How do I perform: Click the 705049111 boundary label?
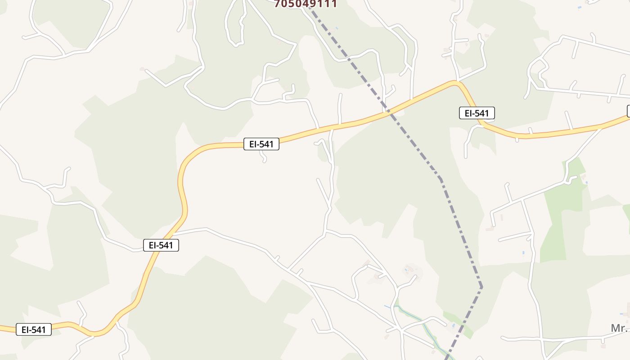[x=306, y=4]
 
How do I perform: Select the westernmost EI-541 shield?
[x=34, y=329]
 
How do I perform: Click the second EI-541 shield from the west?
[x=161, y=245]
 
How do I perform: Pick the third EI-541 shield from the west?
[x=261, y=144]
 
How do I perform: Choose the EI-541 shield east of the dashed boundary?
[x=477, y=113]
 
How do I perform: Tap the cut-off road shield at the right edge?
[x=628, y=111]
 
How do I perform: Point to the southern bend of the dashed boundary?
[x=481, y=286]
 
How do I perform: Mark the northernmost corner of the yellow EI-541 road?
[x=455, y=82]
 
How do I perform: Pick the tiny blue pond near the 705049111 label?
[x=337, y=28]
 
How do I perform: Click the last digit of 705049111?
[x=333, y=4]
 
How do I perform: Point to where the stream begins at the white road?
[x=395, y=306]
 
